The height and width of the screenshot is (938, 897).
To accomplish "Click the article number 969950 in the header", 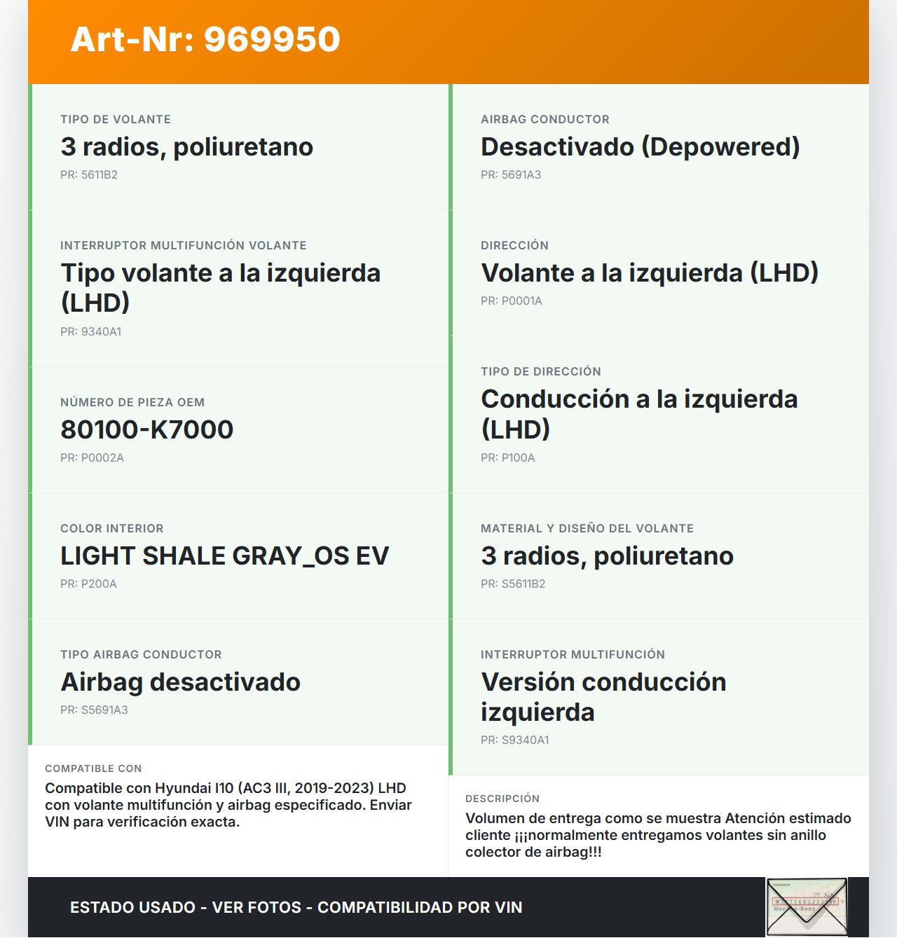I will pyautogui.click(x=272, y=39).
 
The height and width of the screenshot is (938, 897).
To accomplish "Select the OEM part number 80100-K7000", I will pyautogui.click(x=146, y=429).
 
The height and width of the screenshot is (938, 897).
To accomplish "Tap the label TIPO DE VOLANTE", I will pyautogui.click(x=116, y=120).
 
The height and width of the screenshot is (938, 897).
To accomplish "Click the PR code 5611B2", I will pyautogui.click(x=89, y=175).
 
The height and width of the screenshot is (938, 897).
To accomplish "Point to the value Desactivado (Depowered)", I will pyautogui.click(x=640, y=147).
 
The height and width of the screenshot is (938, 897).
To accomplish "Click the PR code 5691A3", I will pyautogui.click(x=511, y=175).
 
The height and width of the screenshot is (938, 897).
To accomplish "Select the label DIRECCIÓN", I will pyautogui.click(x=514, y=246).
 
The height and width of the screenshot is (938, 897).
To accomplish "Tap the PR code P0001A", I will pyautogui.click(x=512, y=301).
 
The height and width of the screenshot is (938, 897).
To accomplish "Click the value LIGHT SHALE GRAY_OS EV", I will pyautogui.click(x=224, y=556).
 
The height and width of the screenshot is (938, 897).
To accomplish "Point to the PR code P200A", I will pyautogui.click(x=88, y=584).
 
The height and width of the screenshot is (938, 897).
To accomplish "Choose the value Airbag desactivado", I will pyautogui.click(x=180, y=682).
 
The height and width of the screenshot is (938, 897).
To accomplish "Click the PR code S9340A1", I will pyautogui.click(x=515, y=740).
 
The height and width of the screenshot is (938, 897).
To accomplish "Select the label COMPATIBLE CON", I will pyautogui.click(x=93, y=769).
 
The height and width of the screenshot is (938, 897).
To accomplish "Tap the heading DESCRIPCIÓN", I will pyautogui.click(x=502, y=799).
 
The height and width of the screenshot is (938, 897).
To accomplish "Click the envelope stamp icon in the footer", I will pyautogui.click(x=806, y=906).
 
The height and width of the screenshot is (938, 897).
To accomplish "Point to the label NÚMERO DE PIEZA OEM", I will pyautogui.click(x=132, y=403).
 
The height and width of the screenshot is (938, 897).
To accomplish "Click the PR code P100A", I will pyautogui.click(x=508, y=458).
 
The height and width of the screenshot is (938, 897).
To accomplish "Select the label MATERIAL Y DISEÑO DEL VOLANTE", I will pyautogui.click(x=587, y=529).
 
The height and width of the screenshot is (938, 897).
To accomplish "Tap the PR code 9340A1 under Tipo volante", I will pyautogui.click(x=91, y=332).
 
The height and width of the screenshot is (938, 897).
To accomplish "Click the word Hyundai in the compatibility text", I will pyautogui.click(x=183, y=789).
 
